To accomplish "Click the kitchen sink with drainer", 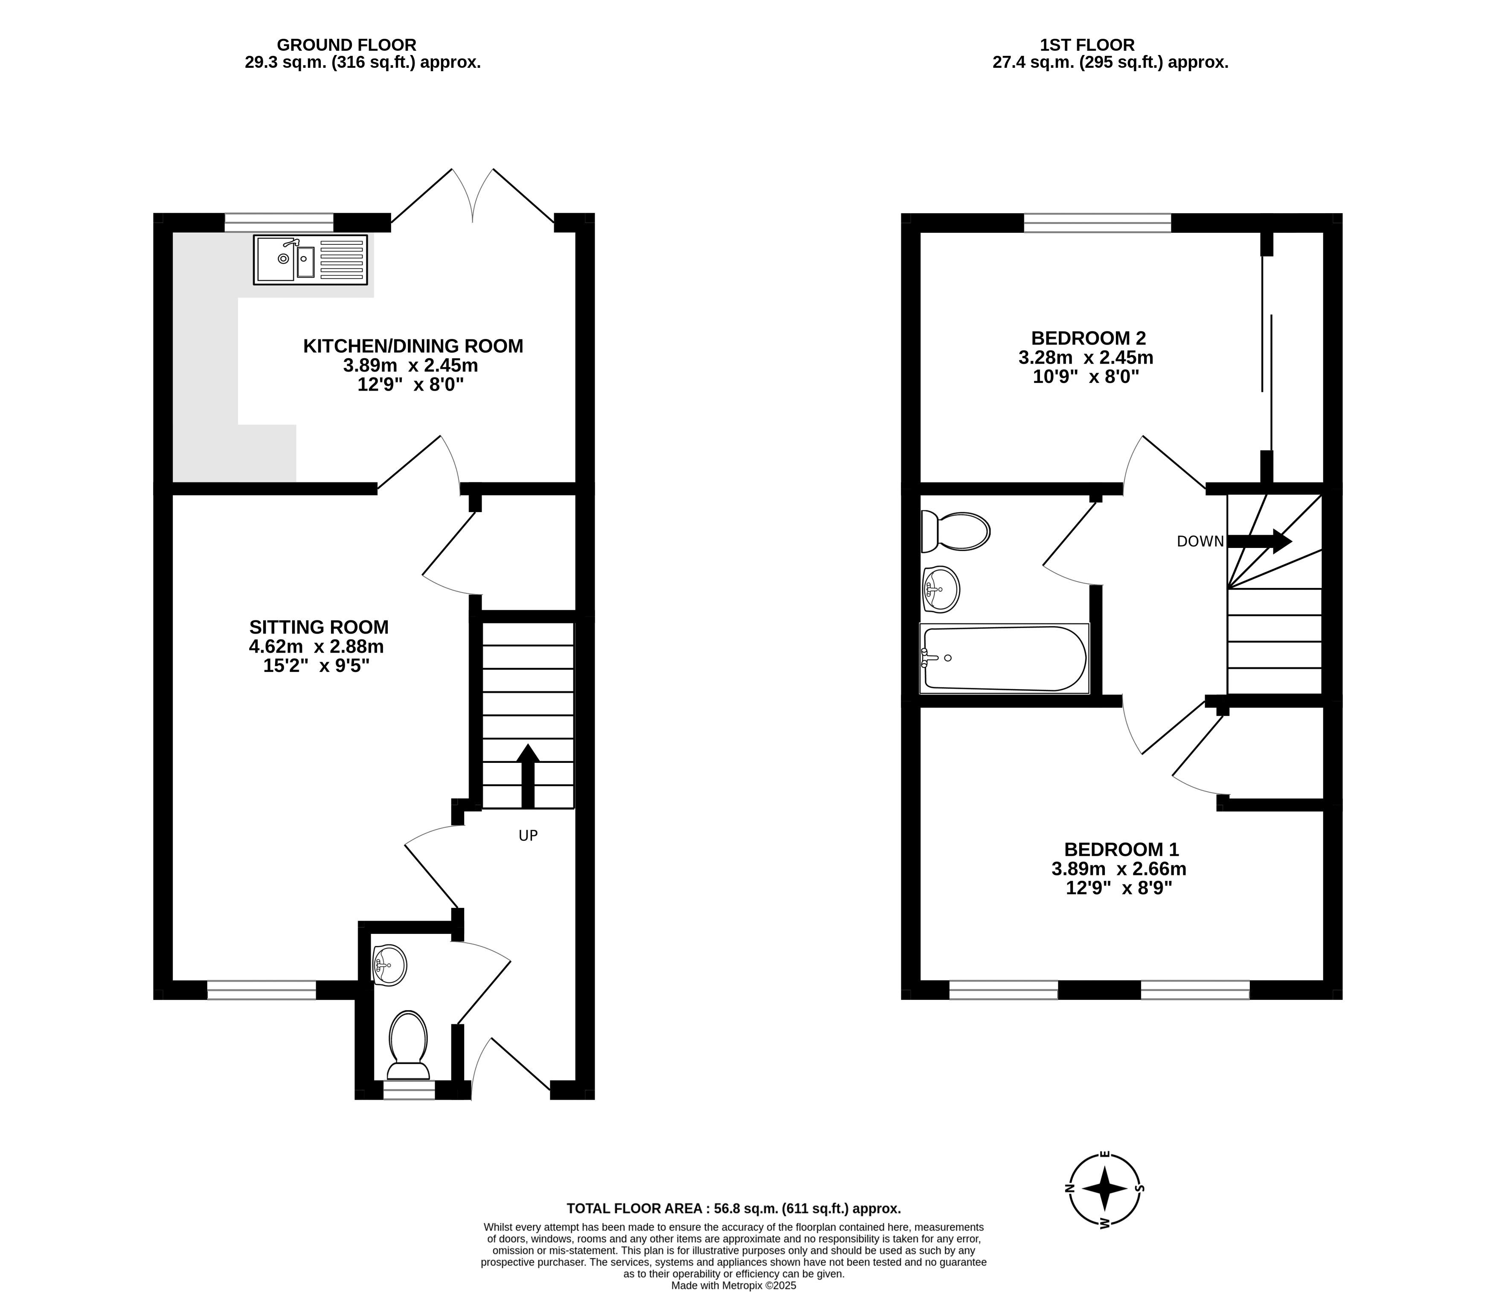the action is pyautogui.click(x=311, y=259).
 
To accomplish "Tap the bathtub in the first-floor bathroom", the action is pyautogui.click(x=1004, y=658).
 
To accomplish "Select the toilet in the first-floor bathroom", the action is pyautogui.click(x=955, y=532).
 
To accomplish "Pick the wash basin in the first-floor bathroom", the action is pyautogui.click(x=940, y=589).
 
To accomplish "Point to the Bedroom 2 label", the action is pyautogui.click(x=1088, y=338).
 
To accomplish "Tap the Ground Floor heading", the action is pyautogui.click(x=346, y=45).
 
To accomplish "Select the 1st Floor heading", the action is pyautogui.click(x=1087, y=45).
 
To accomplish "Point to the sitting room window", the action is pyautogui.click(x=261, y=990).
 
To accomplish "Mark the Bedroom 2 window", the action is pyautogui.click(x=1098, y=222).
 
